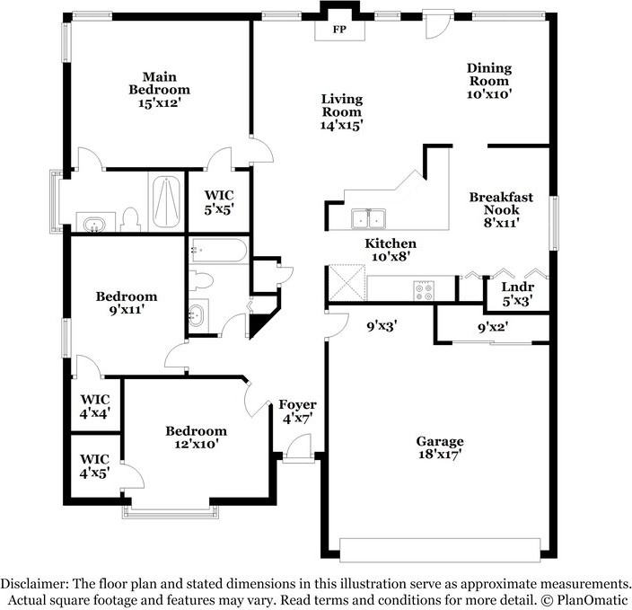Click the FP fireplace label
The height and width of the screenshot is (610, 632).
click(x=340, y=30)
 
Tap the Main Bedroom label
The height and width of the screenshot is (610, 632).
click(x=159, y=90)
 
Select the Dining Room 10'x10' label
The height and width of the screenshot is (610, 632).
click(x=488, y=80)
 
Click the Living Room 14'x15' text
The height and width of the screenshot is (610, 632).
click(x=342, y=112)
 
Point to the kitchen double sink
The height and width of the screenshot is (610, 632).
click(x=368, y=217)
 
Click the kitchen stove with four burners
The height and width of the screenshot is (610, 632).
click(x=423, y=290)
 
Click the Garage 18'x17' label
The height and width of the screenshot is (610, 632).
click(x=439, y=447)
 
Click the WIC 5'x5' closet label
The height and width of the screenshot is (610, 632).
click(x=219, y=201)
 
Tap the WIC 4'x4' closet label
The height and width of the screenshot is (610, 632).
click(x=94, y=406)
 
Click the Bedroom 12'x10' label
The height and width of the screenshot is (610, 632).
click(x=196, y=438)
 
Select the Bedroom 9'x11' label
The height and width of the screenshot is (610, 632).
click(x=127, y=303)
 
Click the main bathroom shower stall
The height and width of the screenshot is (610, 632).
click(x=165, y=202)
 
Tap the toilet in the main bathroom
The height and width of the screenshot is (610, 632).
click(x=130, y=218)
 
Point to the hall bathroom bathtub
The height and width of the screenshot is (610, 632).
click(x=218, y=251)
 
